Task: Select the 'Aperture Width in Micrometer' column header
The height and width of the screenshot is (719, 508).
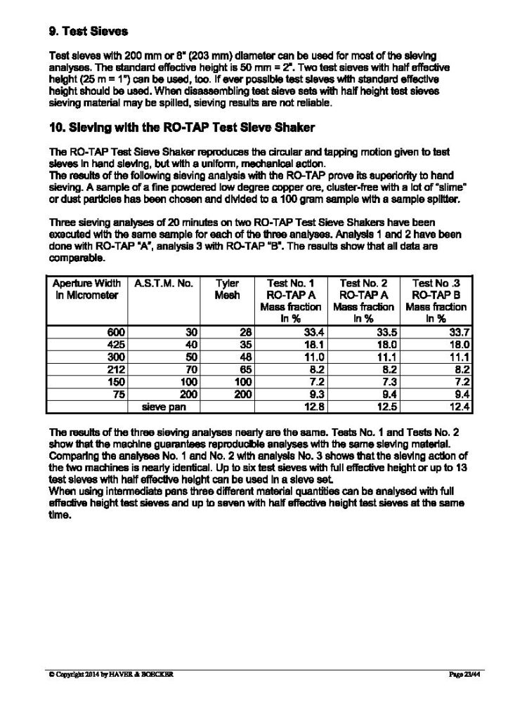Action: pyautogui.click(x=86, y=289)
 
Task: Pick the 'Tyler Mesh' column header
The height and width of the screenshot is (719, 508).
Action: pyautogui.click(x=227, y=289)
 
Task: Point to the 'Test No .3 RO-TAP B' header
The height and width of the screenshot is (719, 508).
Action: pyautogui.click(x=439, y=289)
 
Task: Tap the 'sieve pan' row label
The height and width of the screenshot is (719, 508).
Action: pyautogui.click(x=164, y=407)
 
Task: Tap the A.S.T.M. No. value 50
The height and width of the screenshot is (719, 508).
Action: pyautogui.click(x=190, y=357)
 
